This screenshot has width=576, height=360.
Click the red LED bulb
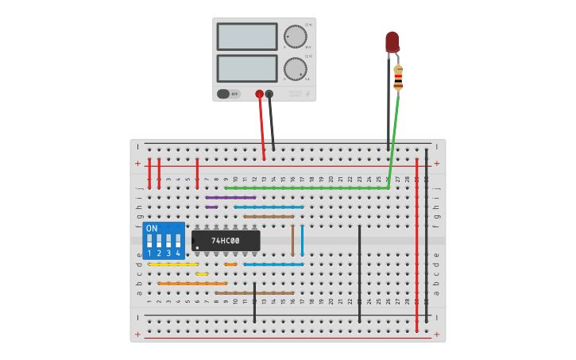392,41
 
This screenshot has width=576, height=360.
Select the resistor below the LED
398,77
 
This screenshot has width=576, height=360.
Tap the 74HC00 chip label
226,241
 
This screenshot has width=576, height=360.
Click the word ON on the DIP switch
152,229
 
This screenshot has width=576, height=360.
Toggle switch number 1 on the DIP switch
149,241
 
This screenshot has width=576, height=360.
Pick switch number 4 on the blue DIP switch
178,241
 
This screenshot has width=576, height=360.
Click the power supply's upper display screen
246,37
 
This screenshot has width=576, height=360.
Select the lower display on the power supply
246,68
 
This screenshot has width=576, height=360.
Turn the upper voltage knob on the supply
295,37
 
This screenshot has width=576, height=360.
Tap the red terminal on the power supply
259,94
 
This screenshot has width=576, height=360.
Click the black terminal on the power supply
269,94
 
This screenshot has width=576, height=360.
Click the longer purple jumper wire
230,197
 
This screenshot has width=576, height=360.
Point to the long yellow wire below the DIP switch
173,264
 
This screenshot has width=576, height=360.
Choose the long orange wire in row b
192,283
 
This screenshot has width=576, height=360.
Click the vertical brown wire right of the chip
292,240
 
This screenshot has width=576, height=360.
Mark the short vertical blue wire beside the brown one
302,240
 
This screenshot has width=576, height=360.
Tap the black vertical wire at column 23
359,273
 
